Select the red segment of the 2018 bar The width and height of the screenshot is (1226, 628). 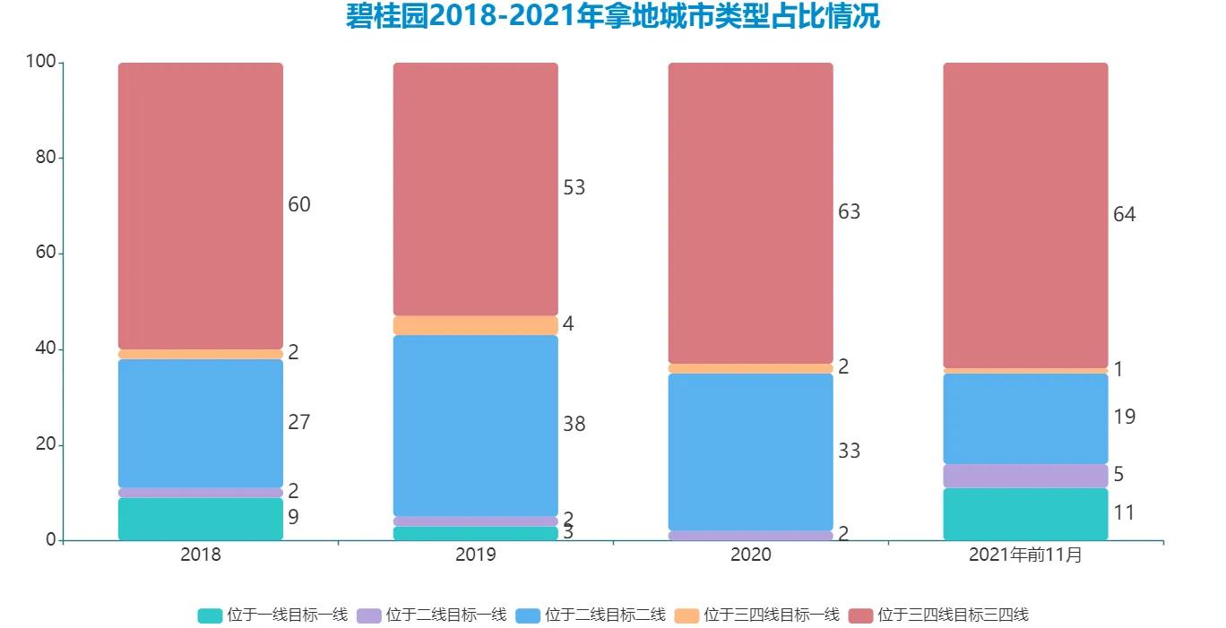(x=201, y=206)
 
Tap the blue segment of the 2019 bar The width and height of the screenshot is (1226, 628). (x=476, y=426)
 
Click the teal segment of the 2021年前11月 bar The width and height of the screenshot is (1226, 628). (x=1025, y=514)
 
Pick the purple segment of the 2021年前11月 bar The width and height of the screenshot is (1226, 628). (x=1025, y=476)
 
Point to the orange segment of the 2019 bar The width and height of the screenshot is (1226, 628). (x=476, y=325)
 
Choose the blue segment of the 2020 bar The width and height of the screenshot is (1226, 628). (x=750, y=452)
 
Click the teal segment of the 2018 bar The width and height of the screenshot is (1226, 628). (x=201, y=519)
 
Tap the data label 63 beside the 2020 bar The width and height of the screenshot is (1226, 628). (x=849, y=212)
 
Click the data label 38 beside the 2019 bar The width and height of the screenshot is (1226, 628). (x=574, y=425)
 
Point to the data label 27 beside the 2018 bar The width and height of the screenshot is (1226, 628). (x=298, y=422)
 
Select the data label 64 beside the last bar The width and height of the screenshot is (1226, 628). (x=1124, y=215)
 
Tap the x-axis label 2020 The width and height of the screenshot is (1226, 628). (x=750, y=555)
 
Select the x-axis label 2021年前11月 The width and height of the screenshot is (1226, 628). (x=1025, y=555)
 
